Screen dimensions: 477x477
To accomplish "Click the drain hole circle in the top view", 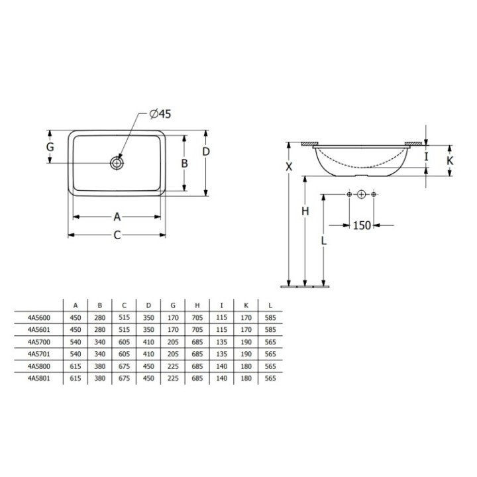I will (117, 163).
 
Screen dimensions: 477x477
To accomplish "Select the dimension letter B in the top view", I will (185, 163).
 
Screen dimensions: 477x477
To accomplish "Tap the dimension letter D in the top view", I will (206, 152).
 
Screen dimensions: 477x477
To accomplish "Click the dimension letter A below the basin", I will (117, 216).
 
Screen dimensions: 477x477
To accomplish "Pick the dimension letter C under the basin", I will (117, 235).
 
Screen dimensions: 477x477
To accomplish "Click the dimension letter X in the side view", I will (289, 167).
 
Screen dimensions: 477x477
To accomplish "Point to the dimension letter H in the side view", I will (305, 211).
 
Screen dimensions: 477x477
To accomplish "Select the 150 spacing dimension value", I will (362, 226).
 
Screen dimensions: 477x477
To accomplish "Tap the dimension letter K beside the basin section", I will (450, 160).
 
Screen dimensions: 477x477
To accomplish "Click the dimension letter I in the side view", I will (427, 157).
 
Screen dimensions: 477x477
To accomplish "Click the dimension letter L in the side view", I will (323, 241).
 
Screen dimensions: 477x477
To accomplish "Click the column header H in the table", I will (197, 305).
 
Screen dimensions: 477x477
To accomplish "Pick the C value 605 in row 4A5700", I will (124, 342).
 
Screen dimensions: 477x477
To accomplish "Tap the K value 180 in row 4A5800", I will (246, 366).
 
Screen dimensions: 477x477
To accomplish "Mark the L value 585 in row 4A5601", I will (271, 329).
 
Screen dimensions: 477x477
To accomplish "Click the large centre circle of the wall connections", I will (361, 194).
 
